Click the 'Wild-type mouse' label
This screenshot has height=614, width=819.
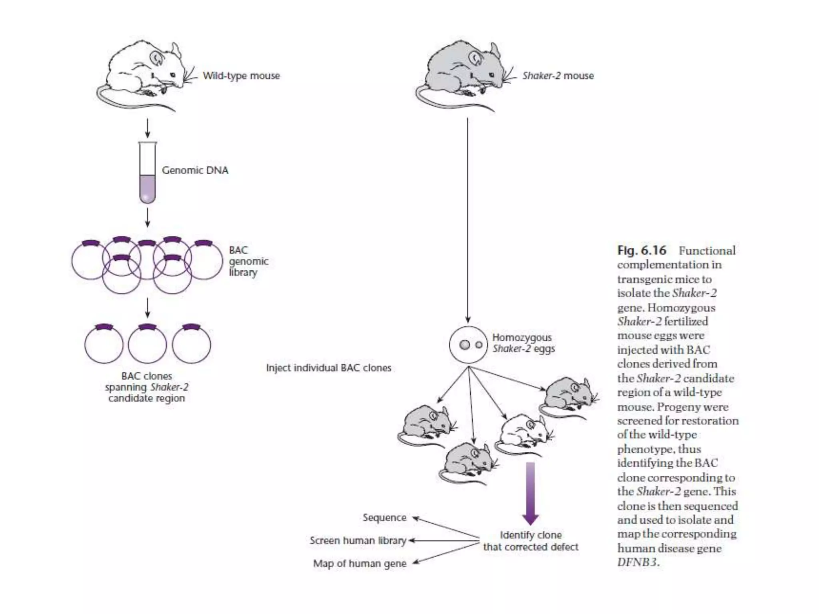click(x=241, y=76)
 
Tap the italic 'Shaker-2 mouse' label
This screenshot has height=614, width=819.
click(x=557, y=76)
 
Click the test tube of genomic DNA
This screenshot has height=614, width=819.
click(x=147, y=174)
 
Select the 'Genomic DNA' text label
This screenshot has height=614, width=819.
click(x=195, y=170)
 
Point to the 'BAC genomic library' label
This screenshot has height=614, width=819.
click(x=248, y=261)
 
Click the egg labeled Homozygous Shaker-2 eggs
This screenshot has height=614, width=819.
click(x=468, y=345)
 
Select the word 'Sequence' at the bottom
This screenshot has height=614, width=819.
click(x=384, y=518)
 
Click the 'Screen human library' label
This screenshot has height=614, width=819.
click(x=358, y=540)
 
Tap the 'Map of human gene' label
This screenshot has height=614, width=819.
click(x=360, y=564)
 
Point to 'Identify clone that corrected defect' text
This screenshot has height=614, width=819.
click(x=531, y=541)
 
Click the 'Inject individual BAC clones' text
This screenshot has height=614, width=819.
click(x=328, y=368)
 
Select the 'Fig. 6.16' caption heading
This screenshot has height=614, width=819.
click(x=641, y=251)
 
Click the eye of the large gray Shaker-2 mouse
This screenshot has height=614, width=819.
click(x=491, y=75)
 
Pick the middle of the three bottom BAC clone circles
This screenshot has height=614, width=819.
click(x=147, y=345)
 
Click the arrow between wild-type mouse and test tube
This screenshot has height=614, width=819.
click(x=147, y=128)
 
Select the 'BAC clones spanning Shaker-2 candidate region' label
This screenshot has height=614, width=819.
click(x=146, y=387)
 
